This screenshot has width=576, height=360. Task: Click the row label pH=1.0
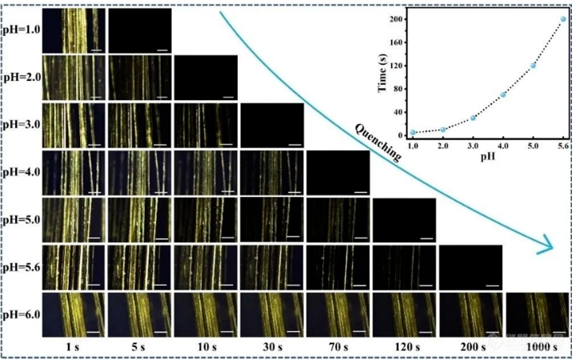point(20,30)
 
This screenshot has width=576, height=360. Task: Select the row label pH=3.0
point(20,126)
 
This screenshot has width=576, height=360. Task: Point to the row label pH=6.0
point(20,313)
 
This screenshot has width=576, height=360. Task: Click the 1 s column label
point(74,346)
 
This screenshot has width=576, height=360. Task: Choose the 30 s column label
point(271,346)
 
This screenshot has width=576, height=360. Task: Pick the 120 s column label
point(403,346)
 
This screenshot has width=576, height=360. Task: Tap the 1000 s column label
point(535,346)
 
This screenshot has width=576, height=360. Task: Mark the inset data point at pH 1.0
point(413,133)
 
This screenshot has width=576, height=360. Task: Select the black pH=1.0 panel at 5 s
point(139,30)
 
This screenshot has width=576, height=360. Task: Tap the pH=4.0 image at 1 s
point(74,173)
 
